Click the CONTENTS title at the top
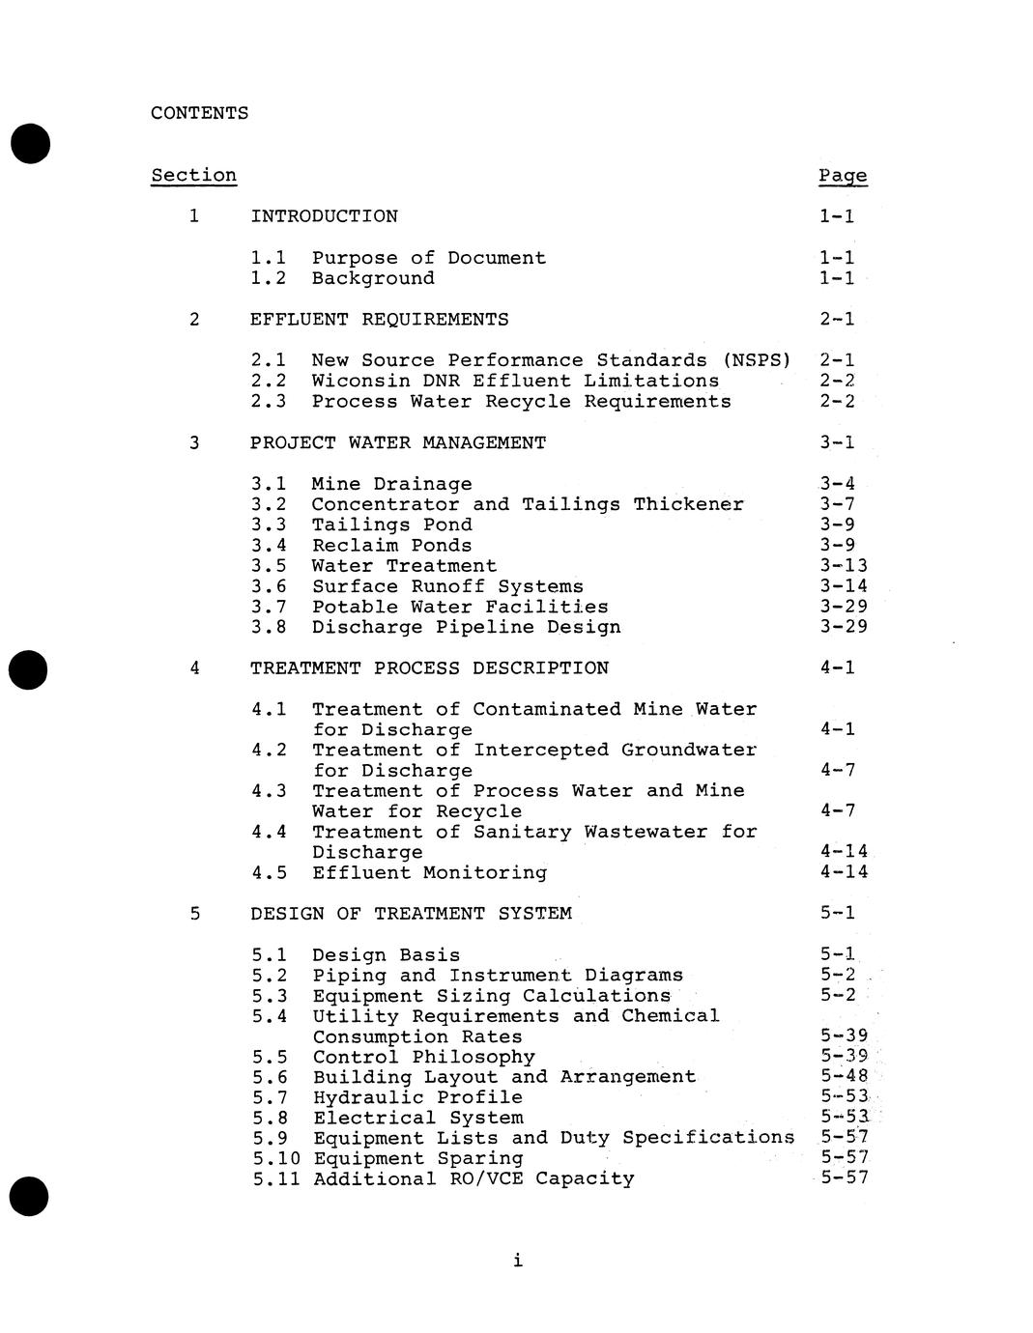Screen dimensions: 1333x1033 [x=199, y=113]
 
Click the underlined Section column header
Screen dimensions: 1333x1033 [x=193, y=175]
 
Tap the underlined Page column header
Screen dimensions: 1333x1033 [x=843, y=176]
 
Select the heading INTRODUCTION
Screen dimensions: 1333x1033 [x=324, y=216]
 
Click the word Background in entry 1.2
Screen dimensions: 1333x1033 [x=373, y=278]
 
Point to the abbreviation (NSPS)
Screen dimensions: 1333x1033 [x=757, y=360]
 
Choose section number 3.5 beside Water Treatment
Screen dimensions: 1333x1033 [x=269, y=566]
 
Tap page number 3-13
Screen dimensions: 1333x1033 [x=844, y=566]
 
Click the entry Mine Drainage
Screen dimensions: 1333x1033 [x=391, y=484]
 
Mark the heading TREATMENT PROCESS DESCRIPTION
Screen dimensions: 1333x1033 [x=429, y=668]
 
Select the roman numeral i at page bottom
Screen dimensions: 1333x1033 [x=518, y=1260]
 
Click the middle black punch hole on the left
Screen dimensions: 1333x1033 [x=30, y=669]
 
